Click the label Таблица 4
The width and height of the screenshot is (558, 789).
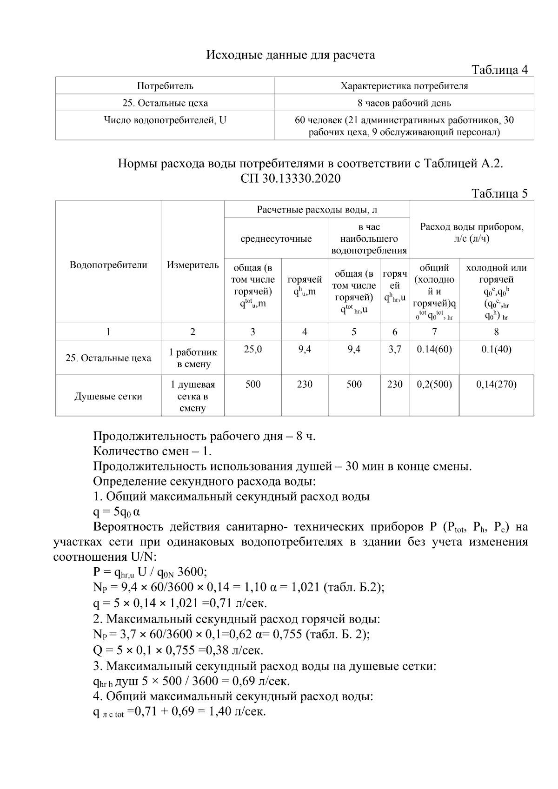click(x=500, y=70)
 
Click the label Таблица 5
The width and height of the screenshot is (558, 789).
click(x=500, y=193)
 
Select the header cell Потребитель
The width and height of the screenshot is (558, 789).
click(x=165, y=86)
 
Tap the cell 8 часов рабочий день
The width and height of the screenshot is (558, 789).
click(x=404, y=103)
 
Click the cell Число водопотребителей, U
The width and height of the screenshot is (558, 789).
click(x=165, y=120)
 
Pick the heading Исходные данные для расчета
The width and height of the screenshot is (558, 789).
click(x=291, y=55)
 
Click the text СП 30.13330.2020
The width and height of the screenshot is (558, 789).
click(x=291, y=179)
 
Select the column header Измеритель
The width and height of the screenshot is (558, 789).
click(x=193, y=265)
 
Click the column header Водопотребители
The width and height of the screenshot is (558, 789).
click(x=108, y=265)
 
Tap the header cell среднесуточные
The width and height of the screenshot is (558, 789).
click(x=276, y=239)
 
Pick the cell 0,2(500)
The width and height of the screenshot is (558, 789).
click(x=434, y=385)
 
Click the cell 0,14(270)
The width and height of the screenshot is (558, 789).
click(x=496, y=385)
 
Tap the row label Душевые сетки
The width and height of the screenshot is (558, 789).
click(x=108, y=397)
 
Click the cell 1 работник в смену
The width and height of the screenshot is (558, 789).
click(x=193, y=358)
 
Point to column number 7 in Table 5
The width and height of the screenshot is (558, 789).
click(x=434, y=332)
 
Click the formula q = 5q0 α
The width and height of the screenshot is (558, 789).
click(x=117, y=512)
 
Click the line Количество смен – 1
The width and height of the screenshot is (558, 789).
click(x=153, y=451)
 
